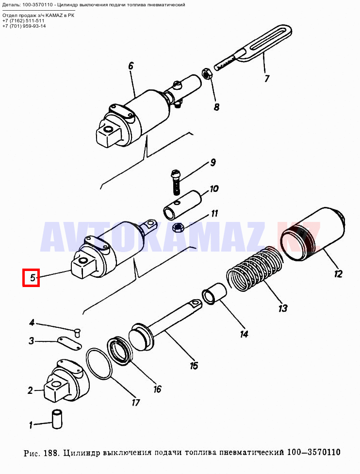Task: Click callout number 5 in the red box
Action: tap(32, 277)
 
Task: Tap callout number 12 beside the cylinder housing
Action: tap(338, 274)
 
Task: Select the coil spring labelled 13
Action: tap(255, 268)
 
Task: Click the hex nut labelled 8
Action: tap(207, 74)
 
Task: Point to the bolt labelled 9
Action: tap(176, 182)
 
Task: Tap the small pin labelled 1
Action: tap(56, 419)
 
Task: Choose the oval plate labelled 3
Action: tap(69, 344)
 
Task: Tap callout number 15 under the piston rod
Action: tap(194, 365)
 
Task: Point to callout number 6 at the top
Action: tap(131, 66)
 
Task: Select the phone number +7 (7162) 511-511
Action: tap(23, 20)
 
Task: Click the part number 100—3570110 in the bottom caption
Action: tap(313, 452)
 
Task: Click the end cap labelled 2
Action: tap(67, 380)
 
